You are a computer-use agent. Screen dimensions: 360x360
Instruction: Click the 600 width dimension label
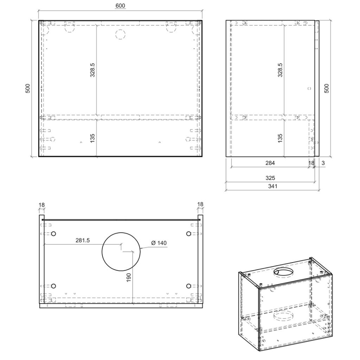(120, 6)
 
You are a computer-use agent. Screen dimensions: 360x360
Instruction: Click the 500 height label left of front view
(27, 88)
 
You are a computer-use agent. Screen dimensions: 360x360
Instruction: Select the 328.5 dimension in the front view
(92, 70)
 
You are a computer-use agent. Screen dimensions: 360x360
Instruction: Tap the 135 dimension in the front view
(92, 138)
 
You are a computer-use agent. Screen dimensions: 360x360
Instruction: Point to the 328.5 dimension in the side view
(280, 70)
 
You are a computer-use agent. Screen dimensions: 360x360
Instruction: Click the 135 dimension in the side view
(280, 138)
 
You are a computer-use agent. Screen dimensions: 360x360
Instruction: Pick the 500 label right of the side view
(327, 88)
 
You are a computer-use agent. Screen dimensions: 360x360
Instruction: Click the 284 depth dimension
(270, 163)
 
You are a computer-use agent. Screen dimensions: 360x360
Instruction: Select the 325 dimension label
(270, 178)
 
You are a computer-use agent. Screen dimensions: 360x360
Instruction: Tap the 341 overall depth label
(272, 186)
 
